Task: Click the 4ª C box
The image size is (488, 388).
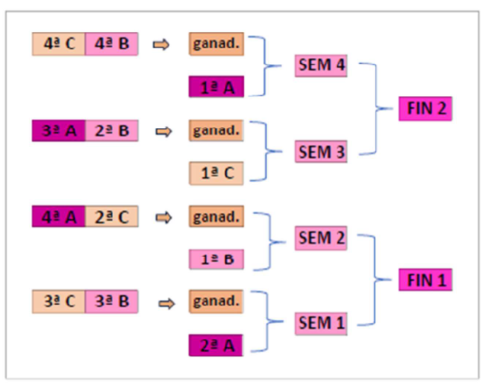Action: point(59,44)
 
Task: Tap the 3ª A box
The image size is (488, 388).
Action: point(59,131)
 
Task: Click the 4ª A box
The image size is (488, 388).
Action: point(59,217)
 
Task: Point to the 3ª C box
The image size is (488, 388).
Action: point(59,302)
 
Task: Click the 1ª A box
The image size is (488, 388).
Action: point(217,88)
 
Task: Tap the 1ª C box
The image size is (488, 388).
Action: point(217,174)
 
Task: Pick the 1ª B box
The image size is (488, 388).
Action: point(217,260)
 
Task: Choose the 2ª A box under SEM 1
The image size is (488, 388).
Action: point(217,346)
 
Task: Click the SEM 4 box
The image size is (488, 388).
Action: point(322,66)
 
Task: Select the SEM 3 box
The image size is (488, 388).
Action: point(322,152)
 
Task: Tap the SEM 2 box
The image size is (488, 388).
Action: point(322,238)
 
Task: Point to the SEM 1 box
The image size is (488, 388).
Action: point(322,324)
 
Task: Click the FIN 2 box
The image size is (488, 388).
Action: point(425,108)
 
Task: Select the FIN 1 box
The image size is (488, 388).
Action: point(425,280)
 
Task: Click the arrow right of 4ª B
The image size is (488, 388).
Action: point(161,45)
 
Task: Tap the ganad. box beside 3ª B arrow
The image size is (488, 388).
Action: point(217,302)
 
